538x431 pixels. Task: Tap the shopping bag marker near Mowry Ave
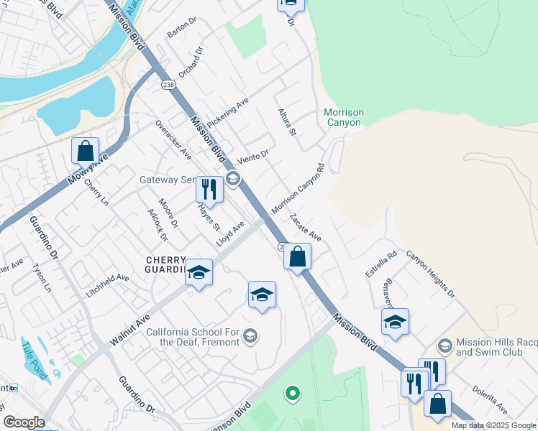[86, 152]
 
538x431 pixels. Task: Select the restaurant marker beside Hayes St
[209, 190]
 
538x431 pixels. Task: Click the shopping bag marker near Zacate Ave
[297, 256]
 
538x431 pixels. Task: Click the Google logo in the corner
[24, 422]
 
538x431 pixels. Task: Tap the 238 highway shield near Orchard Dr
[168, 85]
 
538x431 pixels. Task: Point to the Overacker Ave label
[173, 139]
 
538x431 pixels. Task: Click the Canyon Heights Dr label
[430, 273]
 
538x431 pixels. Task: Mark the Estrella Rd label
[381, 264]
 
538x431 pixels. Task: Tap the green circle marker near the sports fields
[291, 392]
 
